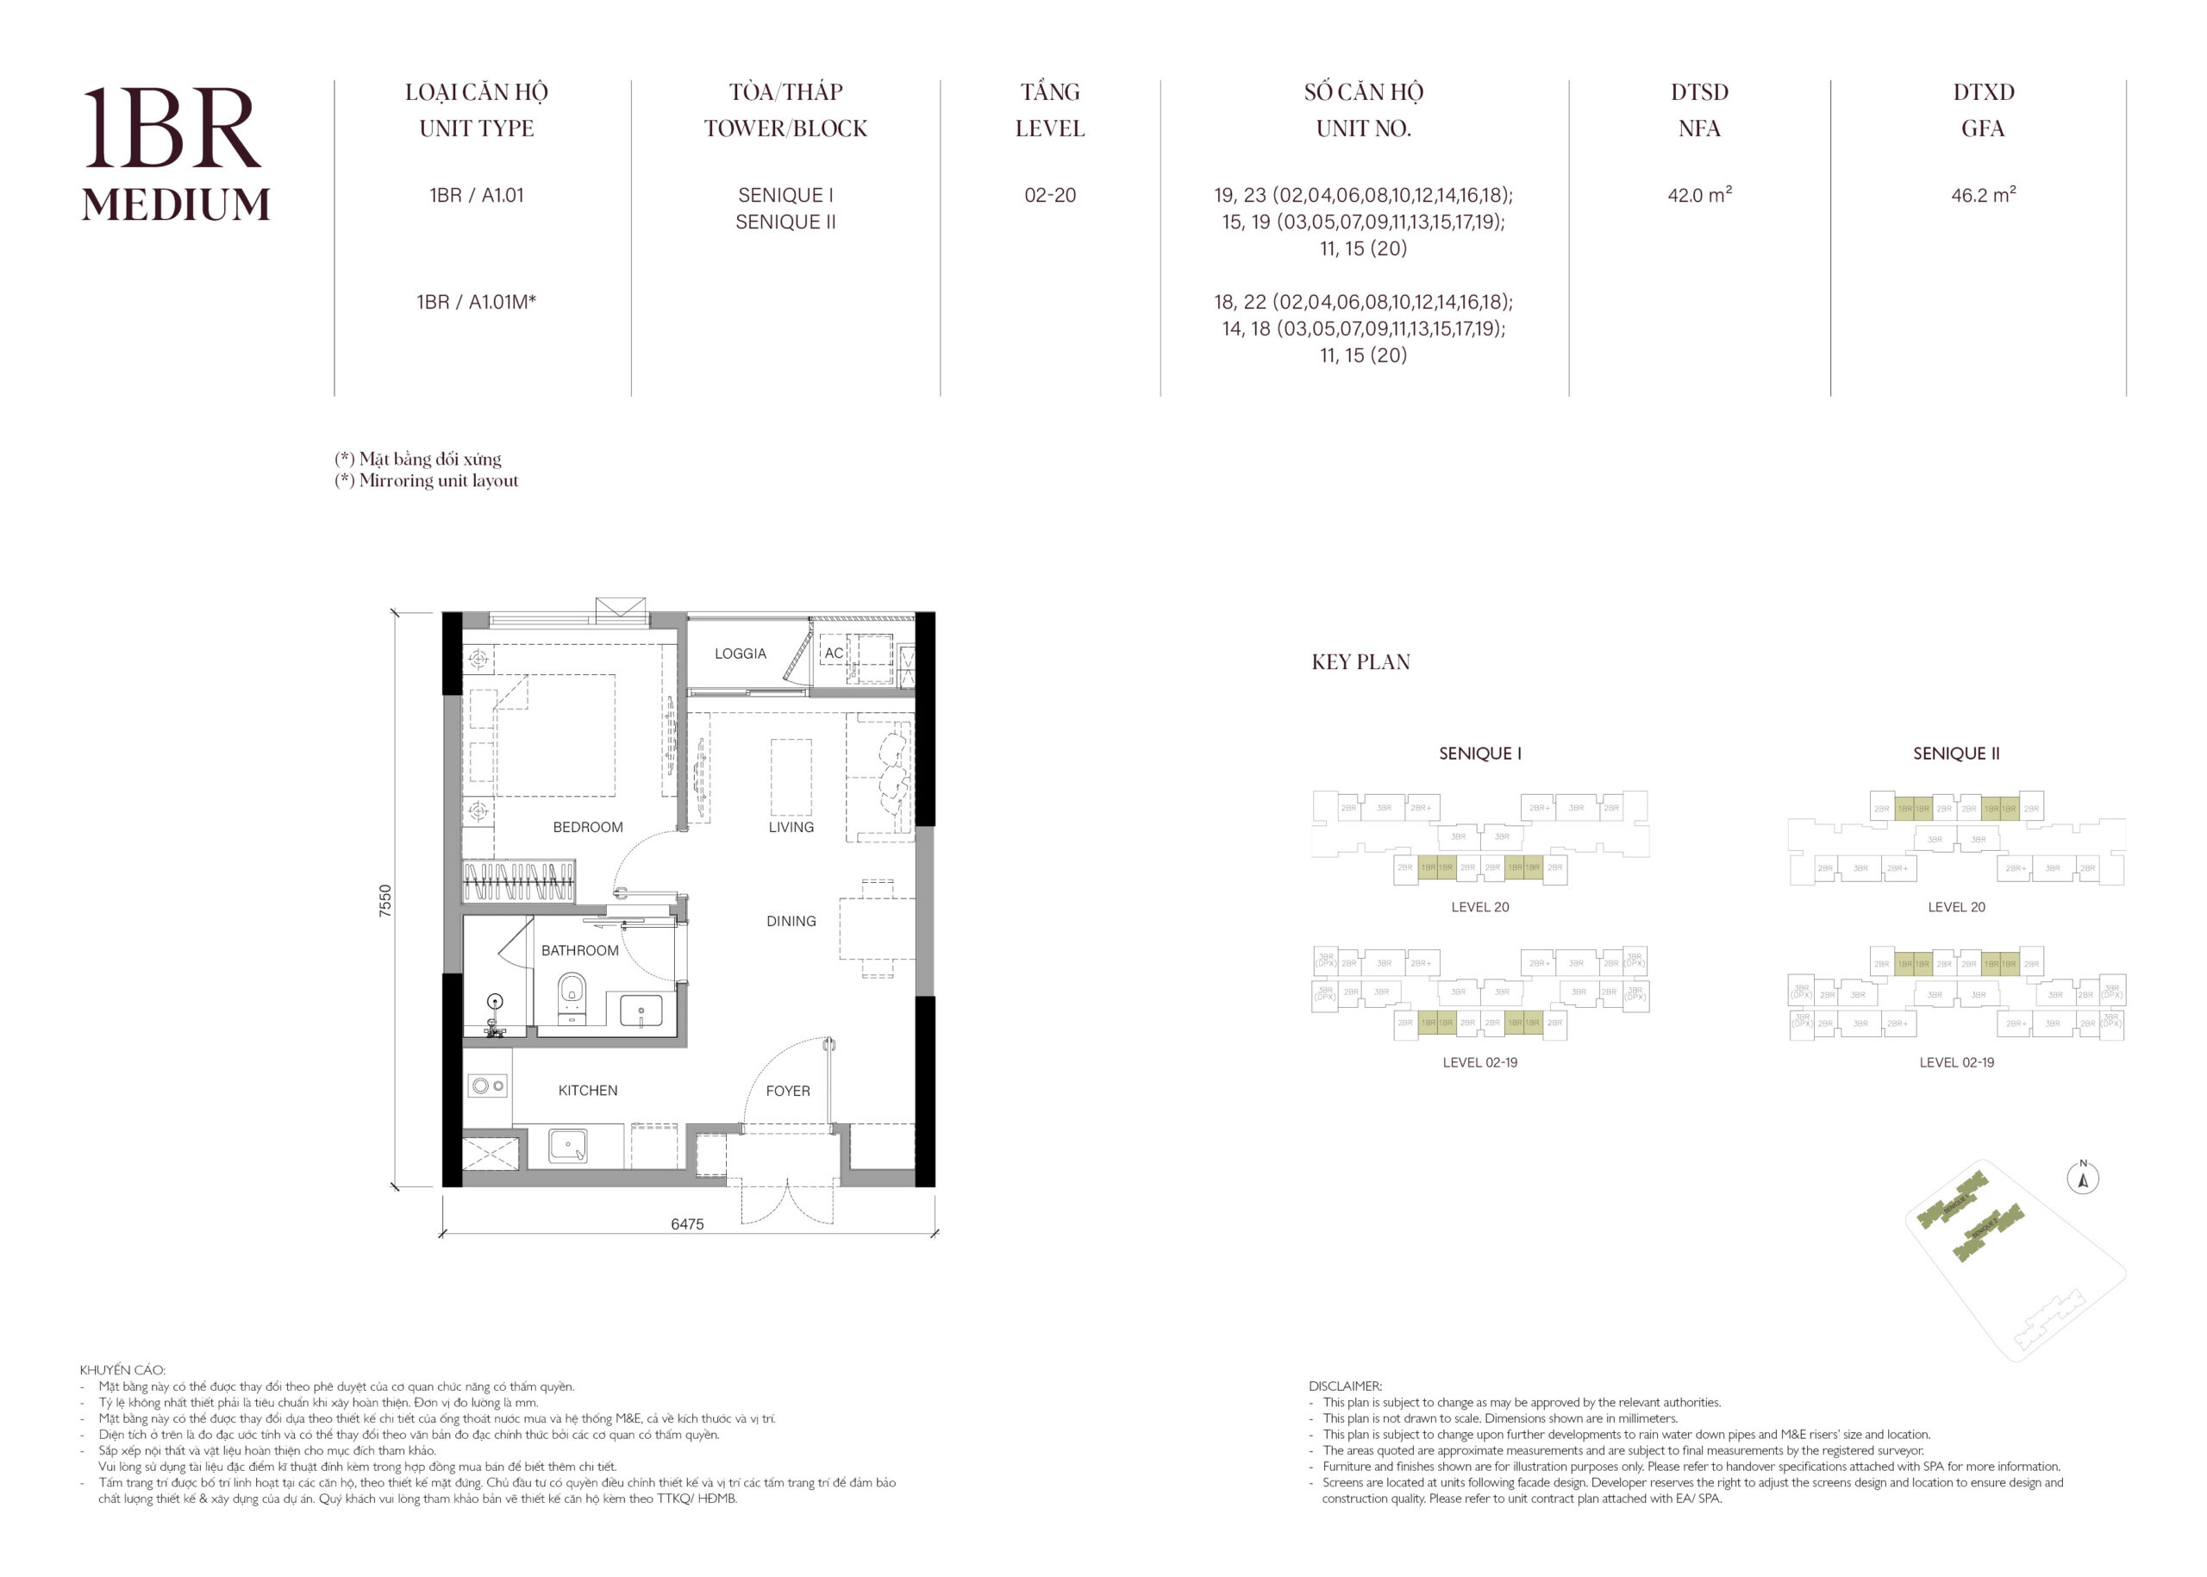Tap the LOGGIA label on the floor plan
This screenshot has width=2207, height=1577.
(740, 654)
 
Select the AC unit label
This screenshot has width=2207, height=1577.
(833, 654)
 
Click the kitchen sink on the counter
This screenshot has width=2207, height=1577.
(568, 1145)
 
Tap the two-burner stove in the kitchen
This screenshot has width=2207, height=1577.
(487, 1086)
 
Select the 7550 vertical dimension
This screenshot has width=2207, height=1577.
(385, 899)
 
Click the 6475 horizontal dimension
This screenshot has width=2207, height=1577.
(686, 1223)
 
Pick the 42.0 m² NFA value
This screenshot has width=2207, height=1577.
(1698, 194)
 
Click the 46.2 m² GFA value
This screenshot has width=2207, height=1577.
(1982, 194)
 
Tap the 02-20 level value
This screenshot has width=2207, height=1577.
(1049, 195)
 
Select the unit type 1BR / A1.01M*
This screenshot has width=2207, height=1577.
(476, 302)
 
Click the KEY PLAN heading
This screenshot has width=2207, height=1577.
(1360, 662)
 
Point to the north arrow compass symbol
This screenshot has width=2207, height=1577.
(2082, 1179)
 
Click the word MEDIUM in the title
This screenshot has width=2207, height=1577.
(176, 205)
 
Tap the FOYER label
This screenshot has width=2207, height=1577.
(787, 1091)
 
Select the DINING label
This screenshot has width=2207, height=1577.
(791, 921)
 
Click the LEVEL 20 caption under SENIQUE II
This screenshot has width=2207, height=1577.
(1955, 907)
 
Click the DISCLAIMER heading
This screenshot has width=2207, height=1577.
(1345, 1386)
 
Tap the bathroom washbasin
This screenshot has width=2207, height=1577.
(641, 1011)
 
